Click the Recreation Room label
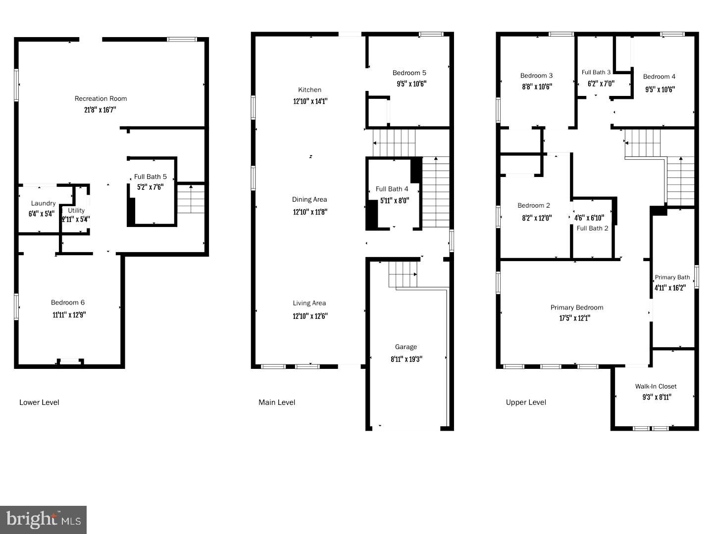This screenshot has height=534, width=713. (101, 98)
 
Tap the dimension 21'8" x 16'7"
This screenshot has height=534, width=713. (101, 110)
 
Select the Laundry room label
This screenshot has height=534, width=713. (43, 203)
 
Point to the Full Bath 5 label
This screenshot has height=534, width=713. (151, 177)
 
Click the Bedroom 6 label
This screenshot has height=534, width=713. (68, 303)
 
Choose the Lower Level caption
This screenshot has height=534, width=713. (39, 402)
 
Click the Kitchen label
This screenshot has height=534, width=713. (309, 89)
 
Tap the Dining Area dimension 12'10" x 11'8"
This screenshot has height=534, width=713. (309, 212)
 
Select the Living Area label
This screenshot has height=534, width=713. (309, 303)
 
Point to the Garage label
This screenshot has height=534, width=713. (406, 347)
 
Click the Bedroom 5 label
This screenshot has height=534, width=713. (409, 73)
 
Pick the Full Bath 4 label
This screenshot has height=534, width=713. (392, 189)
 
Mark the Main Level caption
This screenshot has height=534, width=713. (277, 402)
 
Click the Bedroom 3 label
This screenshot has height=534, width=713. (536, 76)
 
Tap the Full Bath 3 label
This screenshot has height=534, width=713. (596, 72)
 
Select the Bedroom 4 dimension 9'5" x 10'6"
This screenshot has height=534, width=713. (660, 89)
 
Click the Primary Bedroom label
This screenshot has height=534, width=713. (577, 308)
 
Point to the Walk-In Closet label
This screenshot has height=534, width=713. (656, 387)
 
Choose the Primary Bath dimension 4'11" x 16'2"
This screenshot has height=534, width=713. (670, 288)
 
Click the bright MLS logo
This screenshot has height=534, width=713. (44, 520)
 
